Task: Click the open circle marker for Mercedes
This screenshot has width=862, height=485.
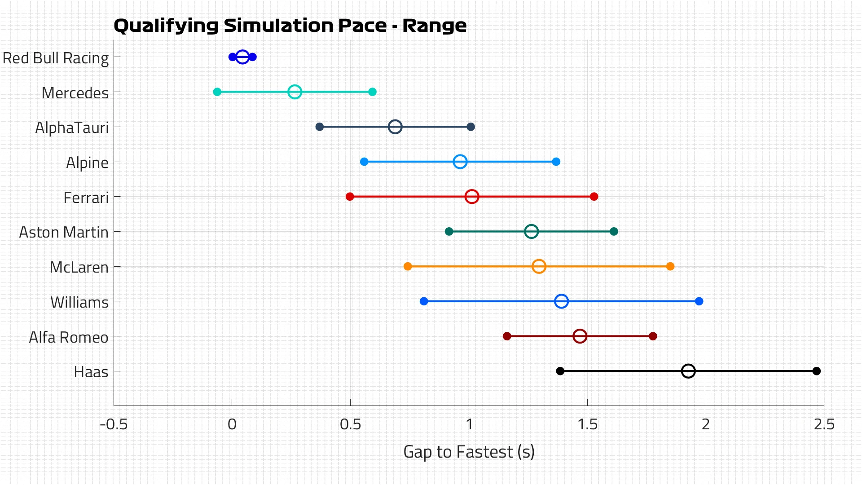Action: coord(295,92)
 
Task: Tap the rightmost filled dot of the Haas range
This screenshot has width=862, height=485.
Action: coord(817,371)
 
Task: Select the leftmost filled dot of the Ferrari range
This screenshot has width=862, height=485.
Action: coord(350,197)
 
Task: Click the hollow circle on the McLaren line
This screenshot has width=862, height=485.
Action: coord(539,266)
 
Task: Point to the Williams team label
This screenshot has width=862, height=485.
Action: coord(79,302)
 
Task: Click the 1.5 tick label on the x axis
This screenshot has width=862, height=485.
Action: coord(587,424)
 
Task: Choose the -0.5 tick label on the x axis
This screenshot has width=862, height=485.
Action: coord(114,424)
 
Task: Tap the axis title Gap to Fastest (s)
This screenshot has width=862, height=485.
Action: coord(469,452)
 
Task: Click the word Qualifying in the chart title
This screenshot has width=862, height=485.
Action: coord(166,26)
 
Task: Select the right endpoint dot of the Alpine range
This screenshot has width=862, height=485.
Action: coord(556,162)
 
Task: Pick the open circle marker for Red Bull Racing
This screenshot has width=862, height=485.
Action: coord(242,57)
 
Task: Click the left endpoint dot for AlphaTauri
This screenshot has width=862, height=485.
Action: coord(320,127)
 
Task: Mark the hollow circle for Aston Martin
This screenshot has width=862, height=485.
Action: coord(531,232)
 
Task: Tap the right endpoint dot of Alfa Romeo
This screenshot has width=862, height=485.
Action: coord(653,336)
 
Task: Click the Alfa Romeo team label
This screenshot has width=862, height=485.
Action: coord(69,337)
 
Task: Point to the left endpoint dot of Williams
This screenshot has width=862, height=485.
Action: coord(424,301)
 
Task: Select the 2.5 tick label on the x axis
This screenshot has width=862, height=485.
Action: coord(824,424)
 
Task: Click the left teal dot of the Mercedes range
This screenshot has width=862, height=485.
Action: coord(217,92)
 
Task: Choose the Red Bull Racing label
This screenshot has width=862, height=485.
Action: coord(56,58)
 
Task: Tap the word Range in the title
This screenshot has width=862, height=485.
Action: coord(434,26)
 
